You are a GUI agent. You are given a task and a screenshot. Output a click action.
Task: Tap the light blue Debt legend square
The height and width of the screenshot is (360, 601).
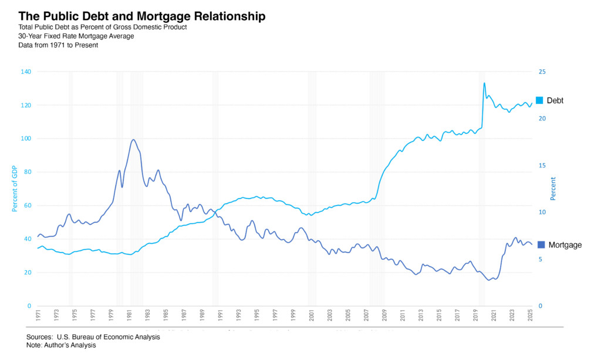[x=539, y=100]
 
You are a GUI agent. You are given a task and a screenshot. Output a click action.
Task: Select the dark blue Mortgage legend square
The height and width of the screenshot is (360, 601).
[x=541, y=244]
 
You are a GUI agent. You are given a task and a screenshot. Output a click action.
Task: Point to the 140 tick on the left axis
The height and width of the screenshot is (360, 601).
[x=26, y=72]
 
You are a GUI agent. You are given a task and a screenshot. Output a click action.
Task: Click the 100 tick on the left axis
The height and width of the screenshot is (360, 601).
[x=26, y=139]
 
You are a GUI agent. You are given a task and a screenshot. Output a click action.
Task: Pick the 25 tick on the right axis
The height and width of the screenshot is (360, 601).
[x=542, y=72]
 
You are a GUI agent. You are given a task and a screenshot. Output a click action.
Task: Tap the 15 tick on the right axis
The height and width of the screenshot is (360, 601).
[x=542, y=166]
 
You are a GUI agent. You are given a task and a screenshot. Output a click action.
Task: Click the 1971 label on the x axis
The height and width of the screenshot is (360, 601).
[x=38, y=315]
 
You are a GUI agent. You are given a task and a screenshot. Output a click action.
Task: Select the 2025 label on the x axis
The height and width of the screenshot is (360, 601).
[x=531, y=315]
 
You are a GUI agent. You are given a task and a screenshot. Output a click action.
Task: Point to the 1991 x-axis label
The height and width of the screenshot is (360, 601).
[x=221, y=315]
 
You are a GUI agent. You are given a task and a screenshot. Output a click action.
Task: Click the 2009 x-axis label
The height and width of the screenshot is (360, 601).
[x=384, y=315]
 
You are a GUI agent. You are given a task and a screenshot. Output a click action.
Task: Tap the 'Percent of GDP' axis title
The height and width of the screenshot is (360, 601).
[x=14, y=189]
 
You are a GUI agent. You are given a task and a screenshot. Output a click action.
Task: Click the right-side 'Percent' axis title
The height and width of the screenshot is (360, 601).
[x=553, y=189]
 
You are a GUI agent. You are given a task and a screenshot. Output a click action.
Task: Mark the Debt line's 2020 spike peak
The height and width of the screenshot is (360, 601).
[x=484, y=83]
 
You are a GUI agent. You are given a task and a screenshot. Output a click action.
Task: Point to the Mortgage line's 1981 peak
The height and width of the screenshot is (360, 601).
[x=134, y=139]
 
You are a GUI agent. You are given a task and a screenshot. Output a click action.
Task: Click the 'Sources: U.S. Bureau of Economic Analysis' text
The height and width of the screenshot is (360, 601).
[x=93, y=337]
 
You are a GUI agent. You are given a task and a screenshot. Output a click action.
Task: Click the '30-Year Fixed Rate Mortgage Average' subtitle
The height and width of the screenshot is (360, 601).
[x=76, y=36]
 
